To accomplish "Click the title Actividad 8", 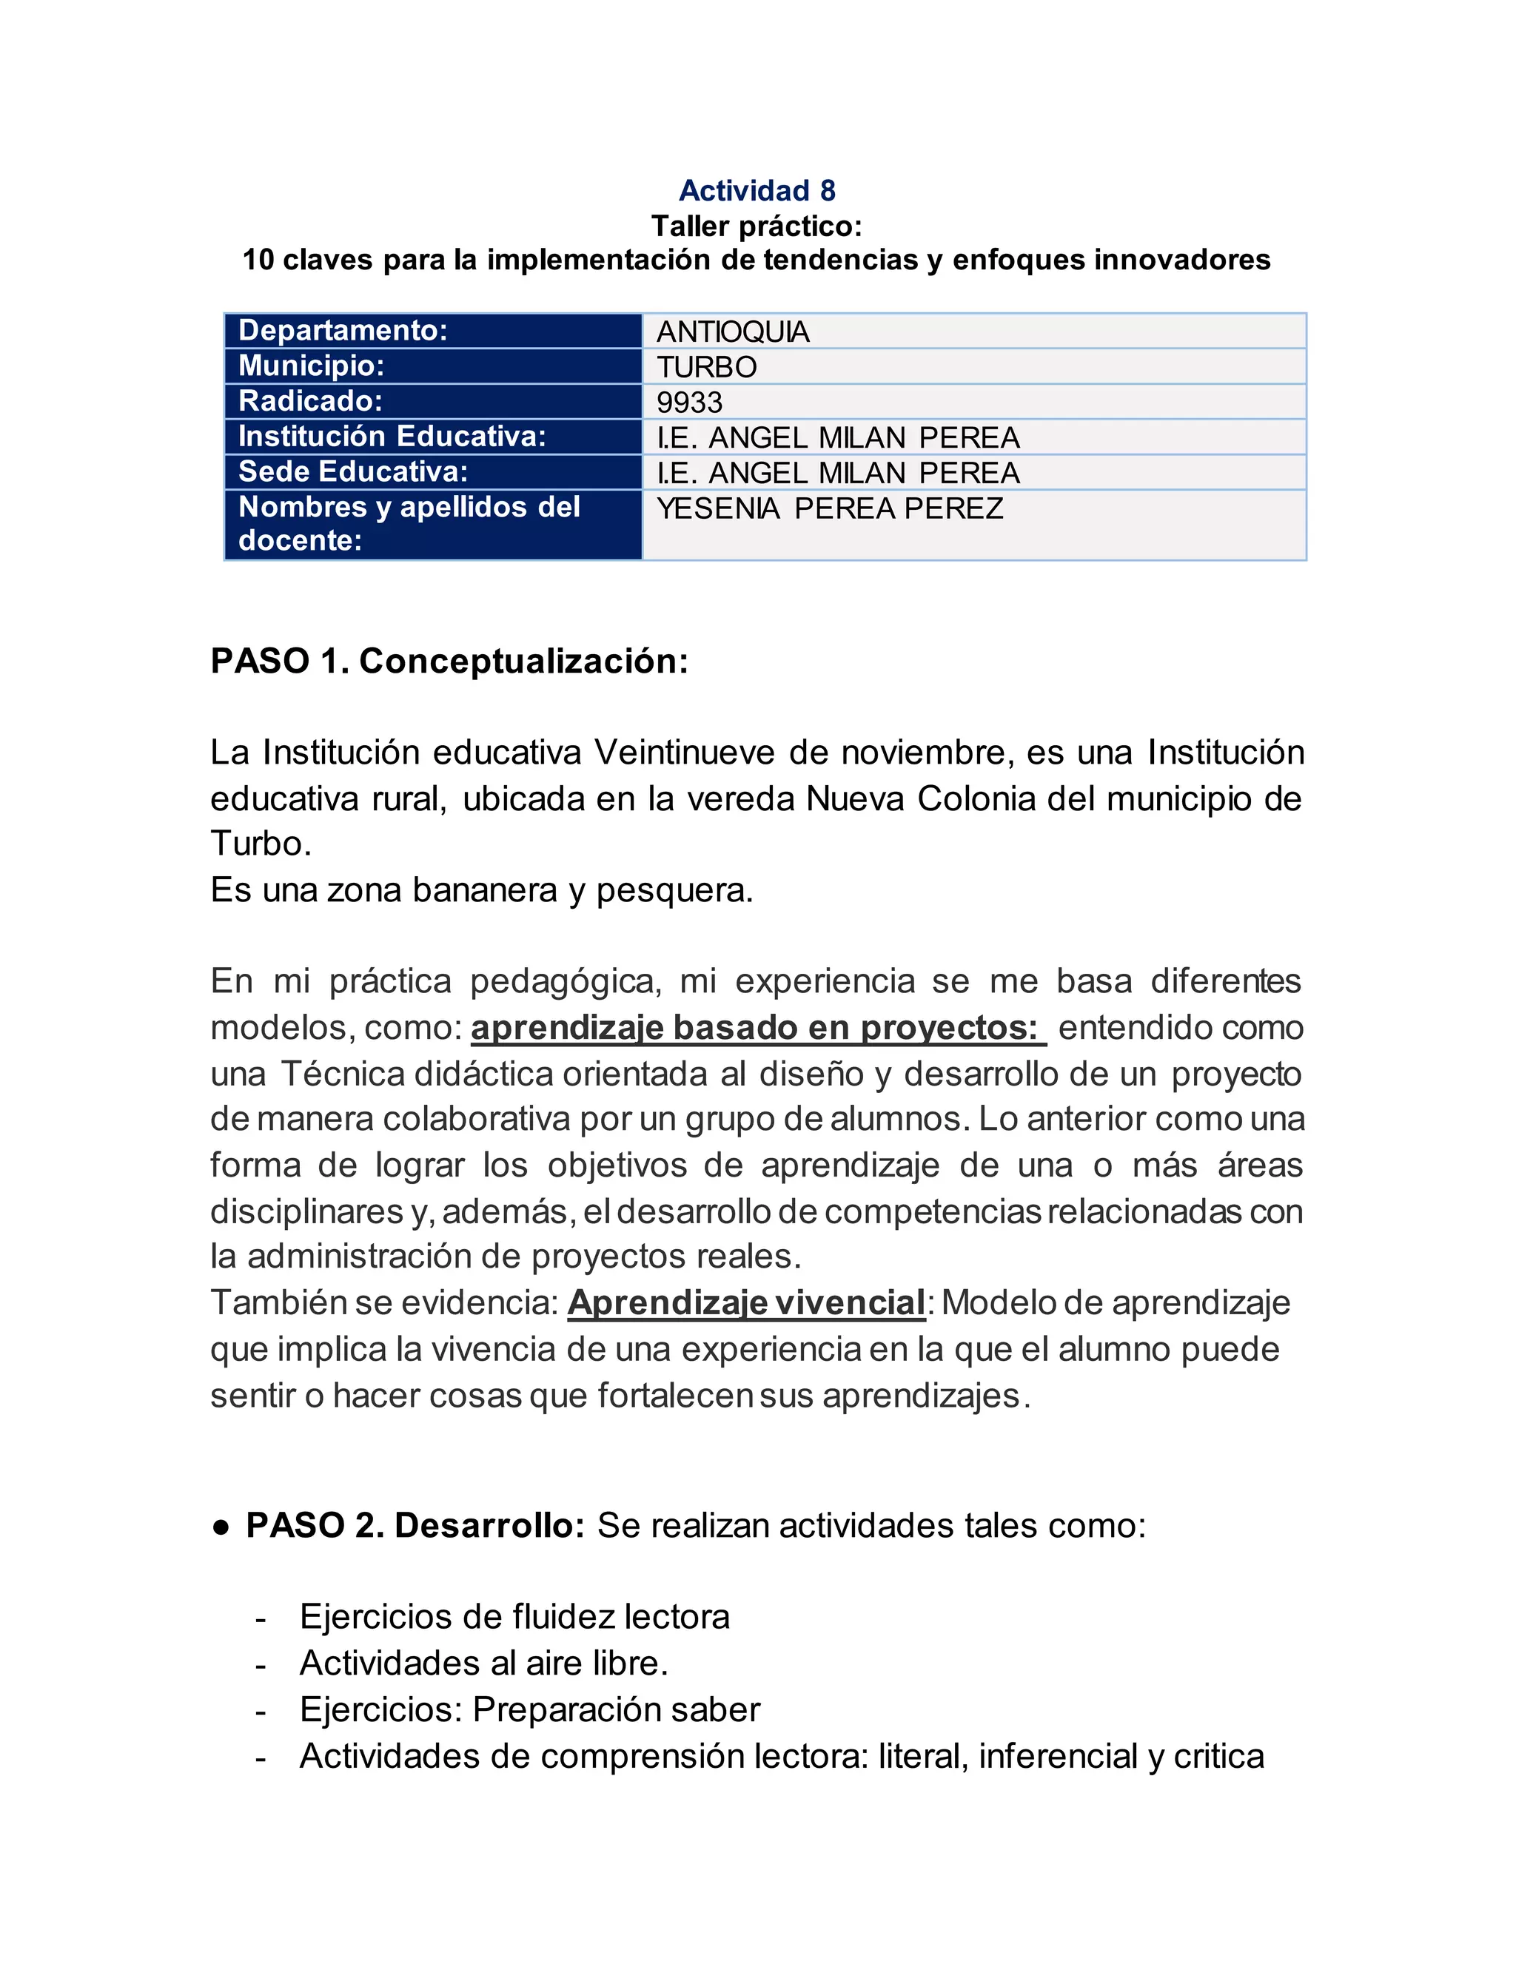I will [x=757, y=190].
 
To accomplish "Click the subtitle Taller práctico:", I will [x=757, y=226].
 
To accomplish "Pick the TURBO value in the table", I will [x=707, y=367].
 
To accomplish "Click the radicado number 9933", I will [x=689, y=403].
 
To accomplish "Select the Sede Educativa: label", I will [x=353, y=471].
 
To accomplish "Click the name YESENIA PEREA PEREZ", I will [x=830, y=508].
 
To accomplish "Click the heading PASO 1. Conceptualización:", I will [x=449, y=661].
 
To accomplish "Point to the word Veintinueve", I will [x=685, y=753].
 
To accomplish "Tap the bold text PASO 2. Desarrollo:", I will [x=416, y=1526].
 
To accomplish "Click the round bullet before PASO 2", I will [x=221, y=1527].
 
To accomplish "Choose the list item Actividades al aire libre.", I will [x=484, y=1663].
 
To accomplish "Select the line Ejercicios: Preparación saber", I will [x=530, y=1709].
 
